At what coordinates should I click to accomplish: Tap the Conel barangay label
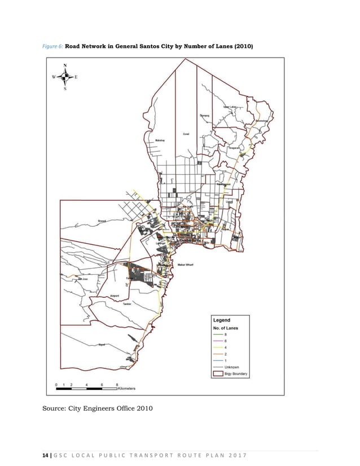186,134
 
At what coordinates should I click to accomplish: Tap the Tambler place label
127,304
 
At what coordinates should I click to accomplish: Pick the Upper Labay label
230,106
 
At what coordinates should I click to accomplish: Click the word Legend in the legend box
221,320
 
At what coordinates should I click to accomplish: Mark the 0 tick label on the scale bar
56,384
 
